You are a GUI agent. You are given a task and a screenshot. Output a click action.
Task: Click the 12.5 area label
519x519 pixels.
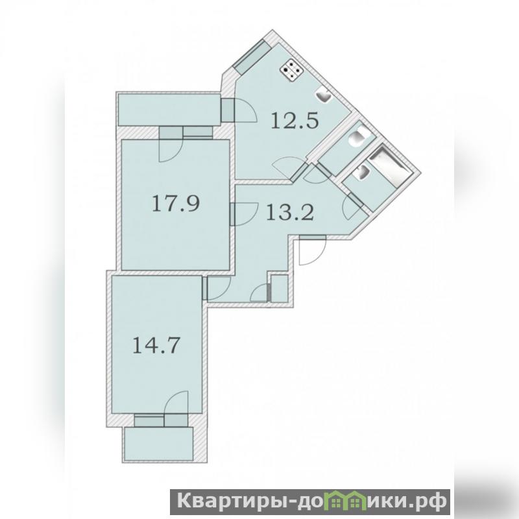pos(295,121)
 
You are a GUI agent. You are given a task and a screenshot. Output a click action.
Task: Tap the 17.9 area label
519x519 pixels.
pos(176,203)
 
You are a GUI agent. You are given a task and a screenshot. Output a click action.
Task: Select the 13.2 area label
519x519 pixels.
pos(290,212)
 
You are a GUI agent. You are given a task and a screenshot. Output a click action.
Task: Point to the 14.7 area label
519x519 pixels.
pos(156,345)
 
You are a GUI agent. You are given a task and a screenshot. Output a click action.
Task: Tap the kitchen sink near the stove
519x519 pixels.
pos(323,96)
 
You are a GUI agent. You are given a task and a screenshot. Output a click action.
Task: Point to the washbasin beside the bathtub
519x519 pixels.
pos(361,172)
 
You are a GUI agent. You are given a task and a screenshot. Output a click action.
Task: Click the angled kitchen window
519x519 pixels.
pos(250,57)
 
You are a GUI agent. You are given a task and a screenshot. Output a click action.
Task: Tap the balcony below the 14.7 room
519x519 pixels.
pos(158,444)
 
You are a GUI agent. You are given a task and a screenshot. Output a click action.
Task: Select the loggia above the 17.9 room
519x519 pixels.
pos(169,110)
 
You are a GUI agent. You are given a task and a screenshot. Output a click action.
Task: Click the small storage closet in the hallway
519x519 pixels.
pos(280,288)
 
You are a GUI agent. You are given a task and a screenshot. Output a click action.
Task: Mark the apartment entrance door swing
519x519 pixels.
pos(313,250)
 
